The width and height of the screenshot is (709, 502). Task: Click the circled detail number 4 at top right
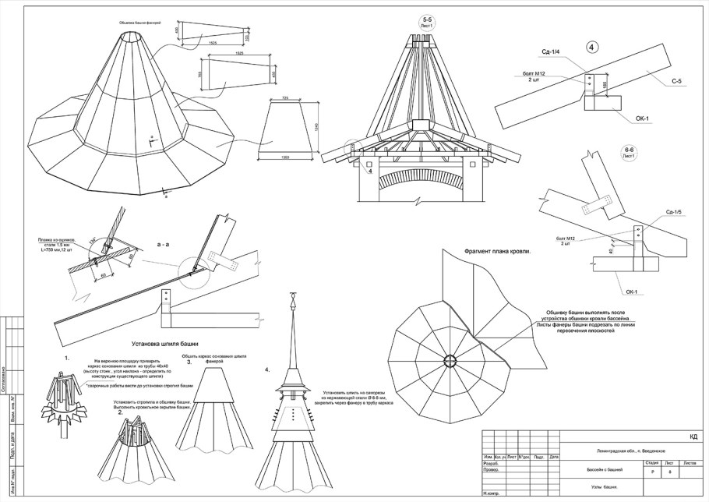[591, 48]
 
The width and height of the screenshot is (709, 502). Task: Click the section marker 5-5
[426, 20]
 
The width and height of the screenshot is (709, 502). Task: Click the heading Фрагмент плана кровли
[496, 252]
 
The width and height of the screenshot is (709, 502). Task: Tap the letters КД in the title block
[693, 437]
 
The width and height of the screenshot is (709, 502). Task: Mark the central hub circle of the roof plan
[451, 359]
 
